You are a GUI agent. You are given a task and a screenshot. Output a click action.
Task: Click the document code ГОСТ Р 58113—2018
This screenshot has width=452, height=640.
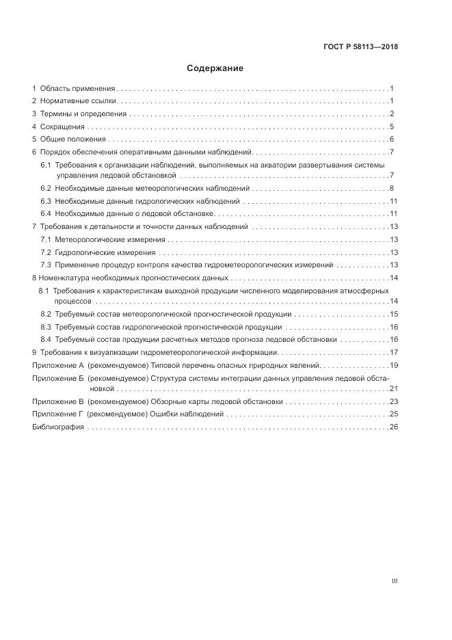click(360, 47)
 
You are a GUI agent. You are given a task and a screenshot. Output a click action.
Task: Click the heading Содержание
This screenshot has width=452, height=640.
click(215, 68)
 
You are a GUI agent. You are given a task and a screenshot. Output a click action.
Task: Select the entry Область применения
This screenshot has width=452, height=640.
click(77, 89)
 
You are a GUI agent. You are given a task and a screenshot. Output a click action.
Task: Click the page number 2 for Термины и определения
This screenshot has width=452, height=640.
click(392, 114)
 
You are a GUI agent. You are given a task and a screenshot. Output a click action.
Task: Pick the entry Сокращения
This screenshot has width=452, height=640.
click(62, 126)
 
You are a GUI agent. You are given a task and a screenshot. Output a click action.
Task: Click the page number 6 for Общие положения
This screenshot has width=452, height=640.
click(392, 139)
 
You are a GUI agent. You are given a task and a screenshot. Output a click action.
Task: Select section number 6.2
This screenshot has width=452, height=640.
click(46, 188)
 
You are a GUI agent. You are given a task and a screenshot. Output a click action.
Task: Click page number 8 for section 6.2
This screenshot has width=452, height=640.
click(392, 188)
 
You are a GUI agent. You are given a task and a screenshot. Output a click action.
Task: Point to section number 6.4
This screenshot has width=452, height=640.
click(46, 214)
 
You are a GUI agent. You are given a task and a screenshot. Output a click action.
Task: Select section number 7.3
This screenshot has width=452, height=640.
click(46, 265)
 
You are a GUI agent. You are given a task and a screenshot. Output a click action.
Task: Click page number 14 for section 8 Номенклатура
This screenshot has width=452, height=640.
click(393, 278)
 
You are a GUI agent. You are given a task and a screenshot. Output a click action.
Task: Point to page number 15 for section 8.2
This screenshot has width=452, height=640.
click(394, 314)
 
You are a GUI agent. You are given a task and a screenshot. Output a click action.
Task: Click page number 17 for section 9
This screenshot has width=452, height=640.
click(394, 352)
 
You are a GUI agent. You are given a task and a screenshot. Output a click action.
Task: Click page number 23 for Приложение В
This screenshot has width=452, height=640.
click(394, 402)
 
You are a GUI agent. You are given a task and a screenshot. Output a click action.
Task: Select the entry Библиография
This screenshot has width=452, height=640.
click(58, 427)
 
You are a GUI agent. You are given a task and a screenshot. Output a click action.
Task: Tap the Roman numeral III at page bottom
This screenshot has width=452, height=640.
click(394, 581)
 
